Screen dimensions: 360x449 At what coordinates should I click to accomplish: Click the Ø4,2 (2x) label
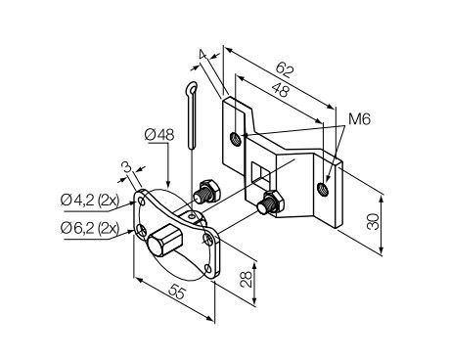88,202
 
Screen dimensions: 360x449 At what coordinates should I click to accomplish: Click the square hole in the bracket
260,174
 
